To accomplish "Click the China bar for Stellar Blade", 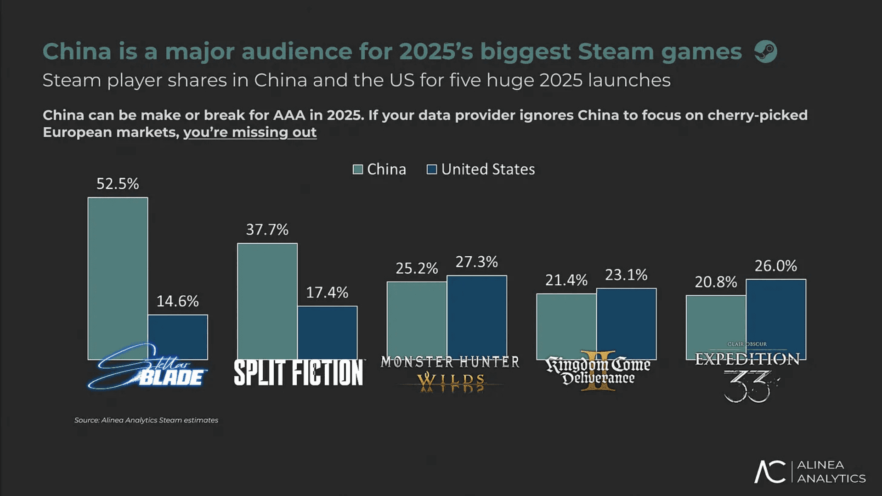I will click(118, 276).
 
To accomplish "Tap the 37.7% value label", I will click(267, 230).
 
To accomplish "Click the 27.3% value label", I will click(476, 262).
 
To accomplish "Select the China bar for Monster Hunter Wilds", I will click(417, 317).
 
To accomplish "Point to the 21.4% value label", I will click(566, 280).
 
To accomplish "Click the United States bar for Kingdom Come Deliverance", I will click(626, 321).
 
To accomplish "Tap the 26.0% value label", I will click(775, 266).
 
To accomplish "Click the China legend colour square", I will click(358, 169).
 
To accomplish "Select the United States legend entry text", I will click(488, 169).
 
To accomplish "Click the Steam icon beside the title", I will click(765, 51).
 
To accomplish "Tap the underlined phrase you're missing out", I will click(250, 132).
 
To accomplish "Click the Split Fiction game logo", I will click(299, 372).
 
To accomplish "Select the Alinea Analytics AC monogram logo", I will click(769, 472).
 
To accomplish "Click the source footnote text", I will click(146, 420).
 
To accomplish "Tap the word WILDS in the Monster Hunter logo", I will click(451, 381).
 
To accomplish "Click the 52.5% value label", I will click(117, 184).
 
